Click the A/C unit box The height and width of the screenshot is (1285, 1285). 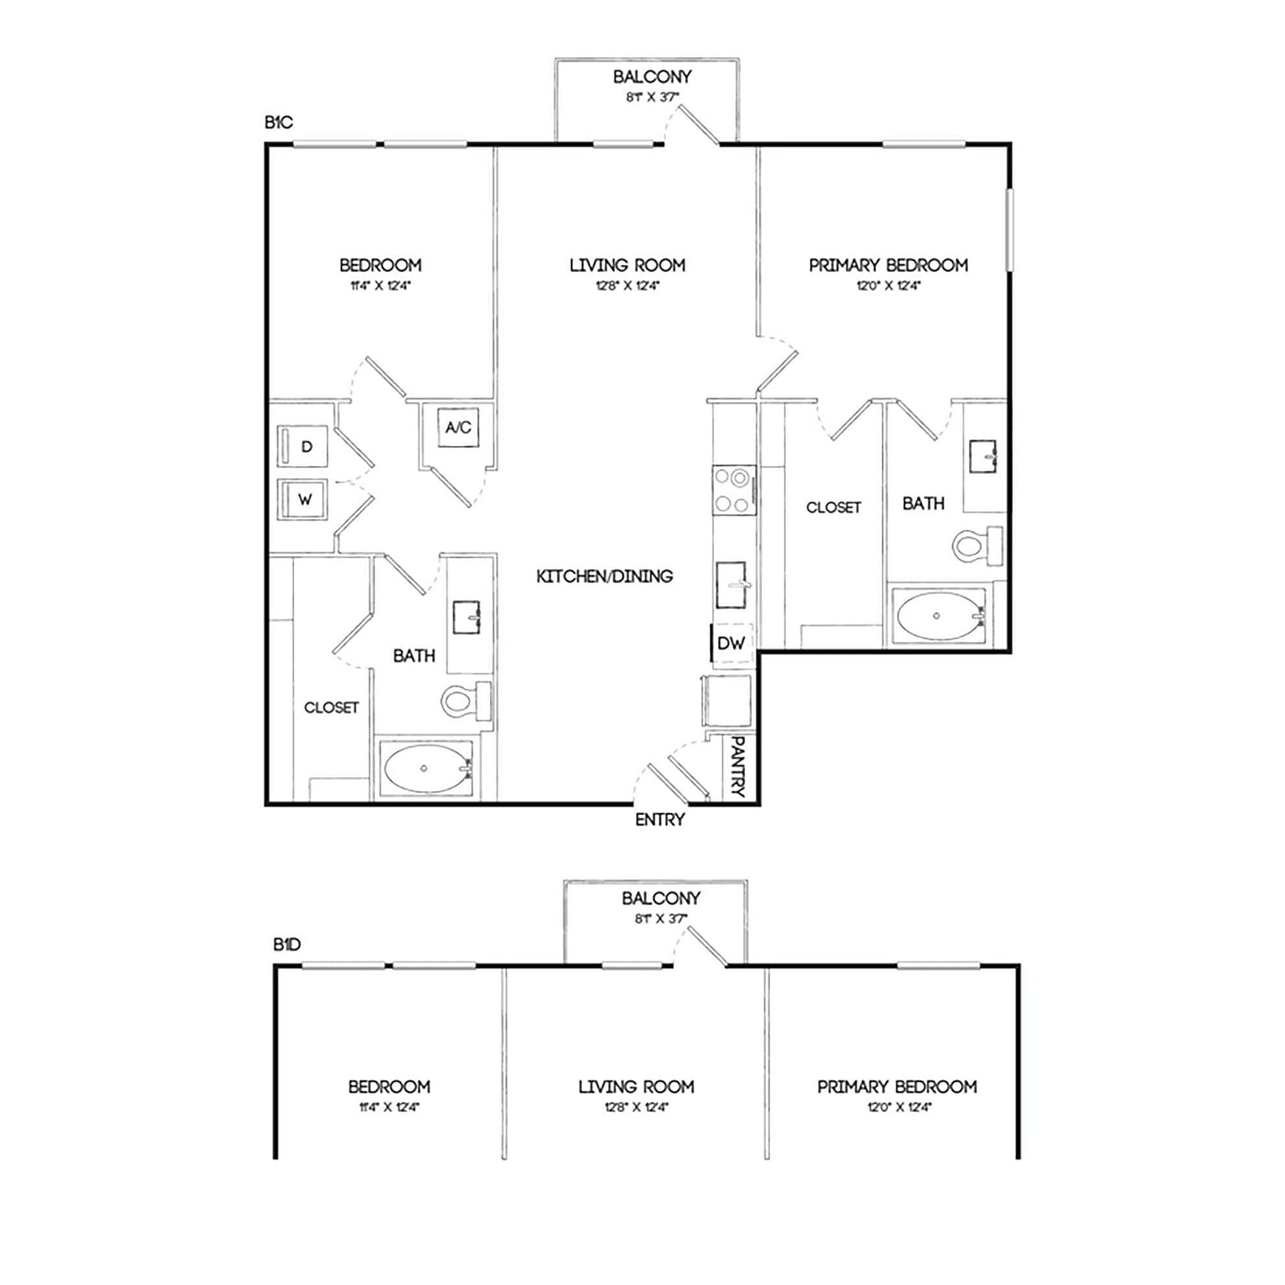coord(458,427)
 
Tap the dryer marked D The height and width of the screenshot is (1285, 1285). coord(303,446)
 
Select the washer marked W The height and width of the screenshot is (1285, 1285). coord(303,499)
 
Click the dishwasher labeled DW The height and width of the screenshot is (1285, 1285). coord(732,643)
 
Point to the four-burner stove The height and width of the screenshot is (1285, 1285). coord(734,490)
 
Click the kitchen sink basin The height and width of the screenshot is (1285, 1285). coord(731,585)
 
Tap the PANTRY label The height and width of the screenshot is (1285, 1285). coord(738,766)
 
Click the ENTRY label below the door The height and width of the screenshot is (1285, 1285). coord(660,820)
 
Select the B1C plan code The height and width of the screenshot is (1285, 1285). coord(279,122)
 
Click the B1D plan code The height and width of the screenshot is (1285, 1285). coord(287,944)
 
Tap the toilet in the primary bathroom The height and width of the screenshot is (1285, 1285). coord(977,546)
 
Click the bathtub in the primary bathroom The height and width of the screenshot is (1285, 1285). coord(938,616)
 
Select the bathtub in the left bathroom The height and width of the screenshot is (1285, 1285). coord(426,768)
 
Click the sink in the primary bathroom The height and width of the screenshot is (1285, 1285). coord(982,456)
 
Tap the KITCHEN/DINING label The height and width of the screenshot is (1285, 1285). coord(605,576)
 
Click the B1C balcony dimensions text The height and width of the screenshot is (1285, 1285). coord(652,97)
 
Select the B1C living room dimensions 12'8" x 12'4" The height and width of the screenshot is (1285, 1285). coord(627,286)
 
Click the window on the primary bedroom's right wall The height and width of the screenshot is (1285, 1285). coord(1009,229)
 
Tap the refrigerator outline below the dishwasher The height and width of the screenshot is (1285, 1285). coord(726,702)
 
